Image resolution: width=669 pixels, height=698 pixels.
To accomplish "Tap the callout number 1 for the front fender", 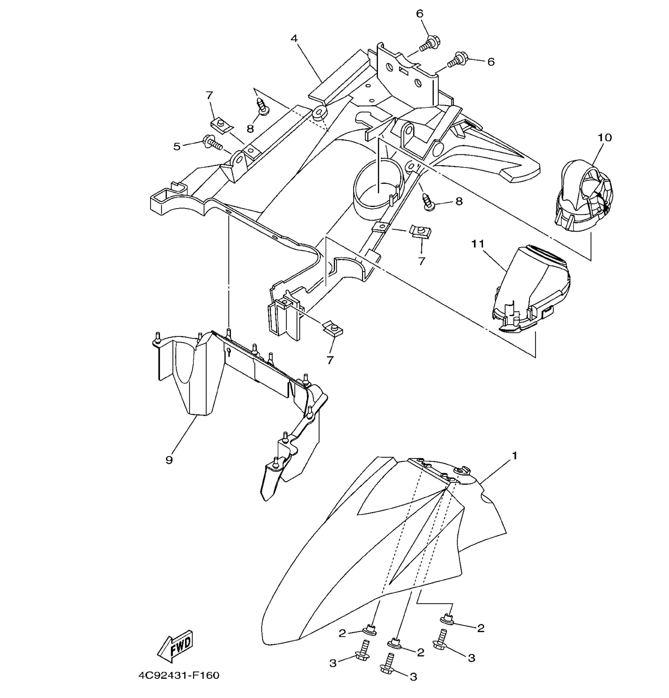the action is (x=514, y=456).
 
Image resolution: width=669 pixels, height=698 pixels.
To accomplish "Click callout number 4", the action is (x=294, y=38).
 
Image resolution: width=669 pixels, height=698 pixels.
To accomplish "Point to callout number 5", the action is (x=177, y=146).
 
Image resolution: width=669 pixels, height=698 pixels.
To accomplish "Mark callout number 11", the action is (x=478, y=244).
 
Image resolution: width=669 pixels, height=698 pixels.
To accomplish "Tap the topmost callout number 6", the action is (x=420, y=14).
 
